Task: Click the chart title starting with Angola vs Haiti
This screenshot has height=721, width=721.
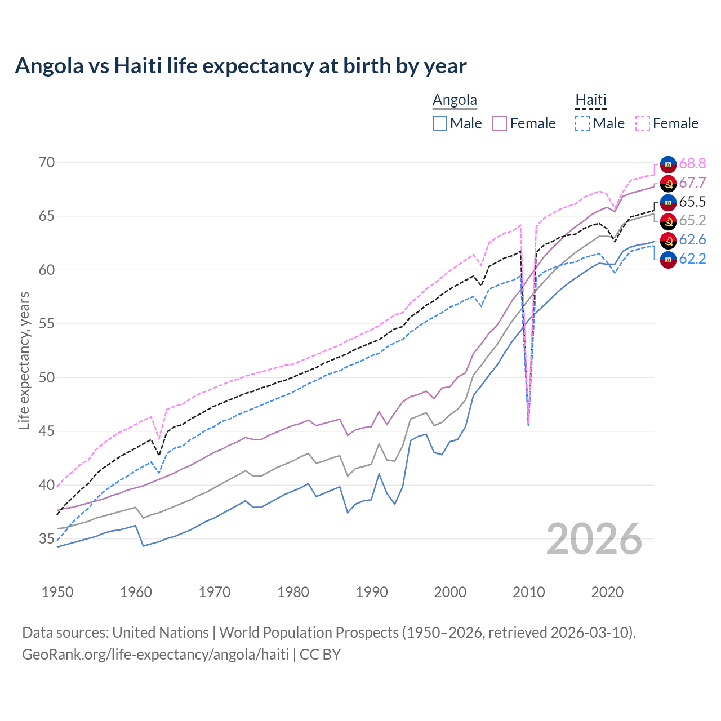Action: pyautogui.click(x=241, y=66)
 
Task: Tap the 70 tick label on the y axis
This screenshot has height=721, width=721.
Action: pyautogui.click(x=47, y=163)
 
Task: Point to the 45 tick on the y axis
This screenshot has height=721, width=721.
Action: pyautogui.click(x=47, y=431)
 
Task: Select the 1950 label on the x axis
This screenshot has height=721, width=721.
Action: pyautogui.click(x=57, y=592)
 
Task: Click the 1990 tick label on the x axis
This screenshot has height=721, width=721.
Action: pyautogui.click(x=372, y=592)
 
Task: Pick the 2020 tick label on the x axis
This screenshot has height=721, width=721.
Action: pyautogui.click(x=607, y=592)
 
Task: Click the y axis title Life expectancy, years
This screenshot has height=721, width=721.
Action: pyautogui.click(x=24, y=360)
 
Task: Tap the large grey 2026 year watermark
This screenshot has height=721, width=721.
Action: pyautogui.click(x=594, y=539)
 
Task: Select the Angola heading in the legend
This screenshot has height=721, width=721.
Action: pyautogui.click(x=455, y=100)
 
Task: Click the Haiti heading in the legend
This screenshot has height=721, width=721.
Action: pyautogui.click(x=590, y=100)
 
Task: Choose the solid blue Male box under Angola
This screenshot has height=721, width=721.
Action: pyautogui.click(x=440, y=123)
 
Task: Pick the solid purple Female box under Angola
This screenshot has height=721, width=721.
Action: pyautogui.click(x=500, y=123)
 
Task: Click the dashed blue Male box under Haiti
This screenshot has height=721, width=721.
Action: pyautogui.click(x=582, y=123)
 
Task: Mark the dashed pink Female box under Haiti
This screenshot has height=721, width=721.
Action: pyautogui.click(x=643, y=123)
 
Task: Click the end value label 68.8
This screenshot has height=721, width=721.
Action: pyautogui.click(x=692, y=164)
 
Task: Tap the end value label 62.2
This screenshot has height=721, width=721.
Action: pyautogui.click(x=692, y=259)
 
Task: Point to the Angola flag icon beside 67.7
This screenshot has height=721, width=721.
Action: pyautogui.click(x=668, y=183)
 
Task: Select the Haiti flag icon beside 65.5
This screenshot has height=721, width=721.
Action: pyautogui.click(x=668, y=202)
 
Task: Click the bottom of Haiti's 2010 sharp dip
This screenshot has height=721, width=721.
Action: pyautogui.click(x=528, y=425)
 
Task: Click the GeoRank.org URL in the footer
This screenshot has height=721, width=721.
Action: pyautogui.click(x=155, y=655)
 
